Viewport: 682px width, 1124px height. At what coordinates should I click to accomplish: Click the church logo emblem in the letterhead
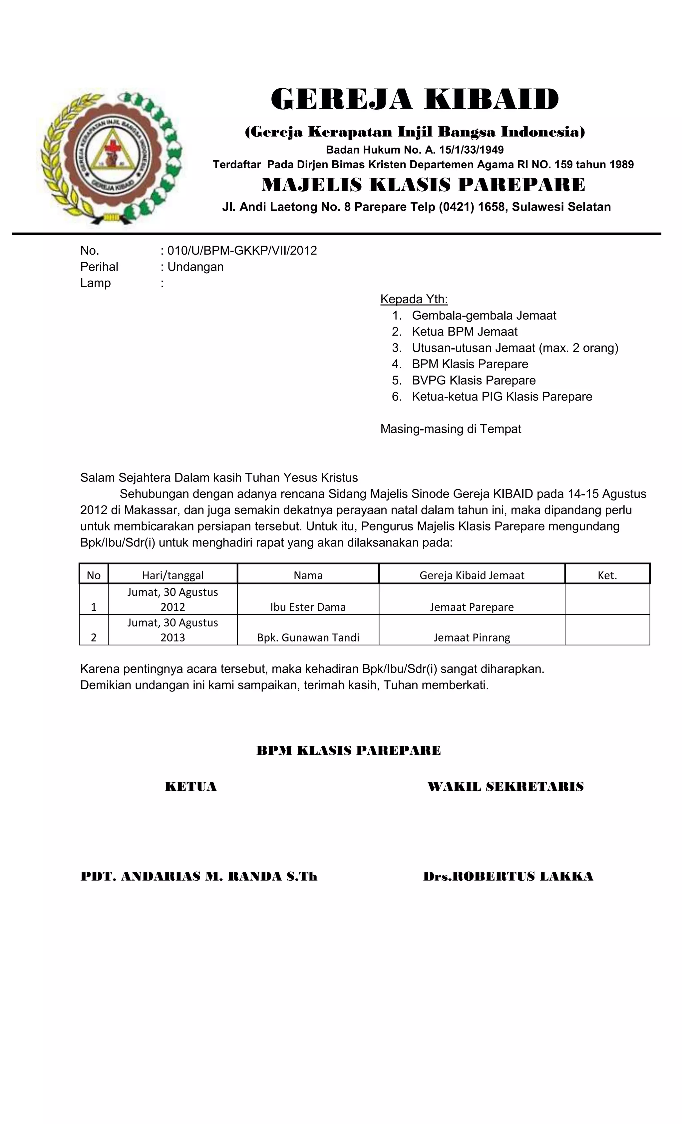point(112,157)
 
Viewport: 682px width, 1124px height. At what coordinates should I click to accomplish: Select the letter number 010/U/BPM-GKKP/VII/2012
point(242,251)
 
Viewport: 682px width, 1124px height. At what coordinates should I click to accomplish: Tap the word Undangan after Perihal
point(195,267)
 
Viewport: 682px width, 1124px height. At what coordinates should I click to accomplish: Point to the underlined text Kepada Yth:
point(414,299)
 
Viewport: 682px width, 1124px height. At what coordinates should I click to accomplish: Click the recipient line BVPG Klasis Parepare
point(474,381)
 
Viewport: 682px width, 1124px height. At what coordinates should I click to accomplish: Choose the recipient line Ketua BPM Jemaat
point(465,332)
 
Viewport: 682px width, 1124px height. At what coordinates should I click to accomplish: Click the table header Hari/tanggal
point(173,575)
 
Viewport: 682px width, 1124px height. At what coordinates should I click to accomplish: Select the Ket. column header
point(607,575)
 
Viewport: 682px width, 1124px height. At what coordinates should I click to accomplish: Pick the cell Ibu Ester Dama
point(308,607)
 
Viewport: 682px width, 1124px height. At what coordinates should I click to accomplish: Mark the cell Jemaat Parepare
point(472,607)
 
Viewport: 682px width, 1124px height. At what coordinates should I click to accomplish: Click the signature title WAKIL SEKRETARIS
point(506,786)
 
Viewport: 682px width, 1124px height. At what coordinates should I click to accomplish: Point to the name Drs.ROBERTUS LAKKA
point(508,876)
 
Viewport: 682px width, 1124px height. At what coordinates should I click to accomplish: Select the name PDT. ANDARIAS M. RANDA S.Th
point(199,876)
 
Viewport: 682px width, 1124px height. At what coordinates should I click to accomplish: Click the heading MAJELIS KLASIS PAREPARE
point(423,185)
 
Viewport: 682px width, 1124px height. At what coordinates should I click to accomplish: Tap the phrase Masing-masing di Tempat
point(451,429)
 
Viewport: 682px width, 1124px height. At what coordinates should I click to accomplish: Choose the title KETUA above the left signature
point(190,786)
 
